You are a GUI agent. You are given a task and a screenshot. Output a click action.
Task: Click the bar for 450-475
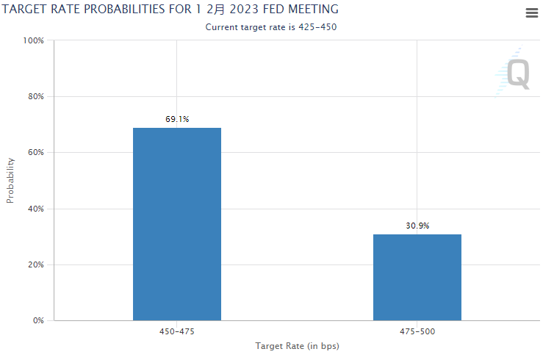tap(176, 224)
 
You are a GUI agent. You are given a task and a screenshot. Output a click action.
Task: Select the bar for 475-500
tap(417, 277)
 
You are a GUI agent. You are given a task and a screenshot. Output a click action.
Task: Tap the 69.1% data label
tap(177, 119)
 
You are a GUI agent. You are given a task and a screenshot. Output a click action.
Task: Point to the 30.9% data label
tap(417, 226)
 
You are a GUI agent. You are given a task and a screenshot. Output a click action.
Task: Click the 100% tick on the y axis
tap(34, 40)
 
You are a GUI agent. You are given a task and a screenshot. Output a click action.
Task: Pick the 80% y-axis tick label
tap(36, 96)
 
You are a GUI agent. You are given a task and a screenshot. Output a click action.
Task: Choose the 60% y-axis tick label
tap(36, 153)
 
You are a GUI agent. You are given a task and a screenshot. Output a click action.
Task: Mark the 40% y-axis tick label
tap(36, 209)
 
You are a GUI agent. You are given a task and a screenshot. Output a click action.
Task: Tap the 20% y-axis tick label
tap(36, 264)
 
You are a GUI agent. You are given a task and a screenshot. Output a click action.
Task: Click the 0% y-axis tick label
tap(38, 320)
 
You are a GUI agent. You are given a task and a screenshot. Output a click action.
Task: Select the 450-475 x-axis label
tap(177, 332)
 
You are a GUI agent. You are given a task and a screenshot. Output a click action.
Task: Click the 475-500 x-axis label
tap(417, 332)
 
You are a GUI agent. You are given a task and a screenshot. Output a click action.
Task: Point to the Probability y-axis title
tap(10, 180)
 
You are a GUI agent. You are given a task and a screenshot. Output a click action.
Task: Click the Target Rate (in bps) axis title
tap(297, 345)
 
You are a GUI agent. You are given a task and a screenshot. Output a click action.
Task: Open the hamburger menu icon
tap(532, 13)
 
